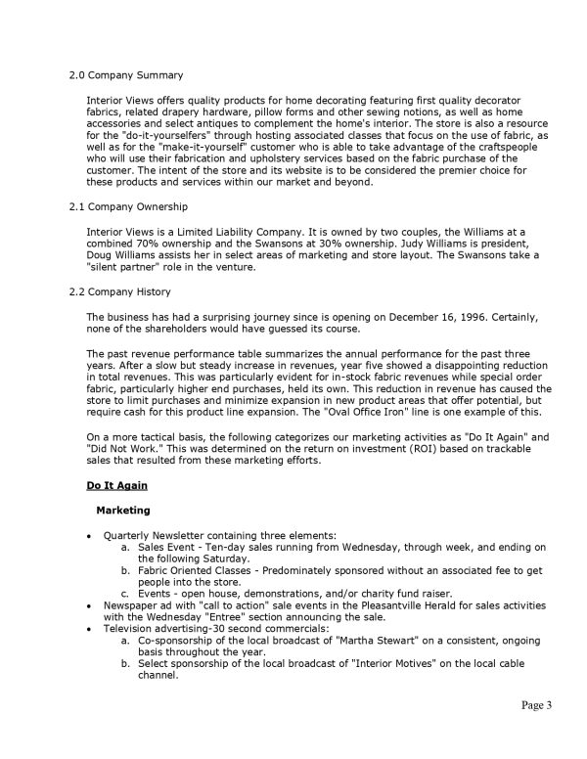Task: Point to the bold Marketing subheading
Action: point(122,510)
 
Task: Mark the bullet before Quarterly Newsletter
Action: point(90,536)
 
